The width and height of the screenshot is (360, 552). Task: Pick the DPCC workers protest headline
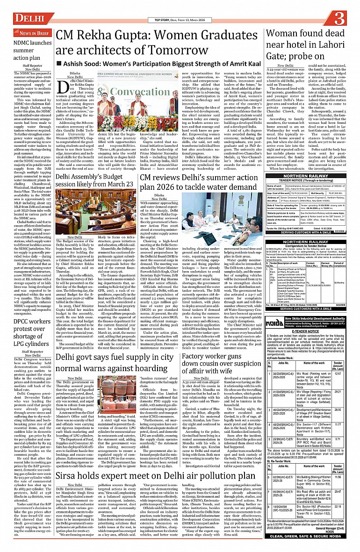[27, 328]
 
